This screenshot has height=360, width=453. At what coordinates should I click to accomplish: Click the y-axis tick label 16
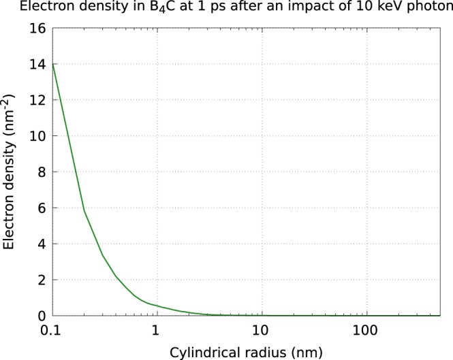tap(37, 28)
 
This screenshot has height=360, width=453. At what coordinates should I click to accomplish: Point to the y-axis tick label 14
tap(37, 64)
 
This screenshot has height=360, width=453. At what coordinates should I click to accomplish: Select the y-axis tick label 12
tap(37, 100)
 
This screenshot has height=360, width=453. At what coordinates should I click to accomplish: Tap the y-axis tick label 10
tap(37, 136)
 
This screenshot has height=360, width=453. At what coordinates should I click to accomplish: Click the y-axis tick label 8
tap(41, 172)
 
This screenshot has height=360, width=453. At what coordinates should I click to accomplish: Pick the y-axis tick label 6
tap(41, 208)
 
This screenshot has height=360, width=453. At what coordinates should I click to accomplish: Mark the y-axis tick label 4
tap(41, 244)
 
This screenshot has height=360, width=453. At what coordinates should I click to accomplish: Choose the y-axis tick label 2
tap(41, 280)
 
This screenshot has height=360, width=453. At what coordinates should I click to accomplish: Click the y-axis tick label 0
tap(41, 316)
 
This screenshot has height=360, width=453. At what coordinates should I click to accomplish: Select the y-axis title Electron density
tap(10, 171)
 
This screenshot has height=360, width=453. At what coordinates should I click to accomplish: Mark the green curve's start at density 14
tap(53, 64)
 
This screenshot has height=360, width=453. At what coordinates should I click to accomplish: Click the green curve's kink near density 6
tap(84, 210)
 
